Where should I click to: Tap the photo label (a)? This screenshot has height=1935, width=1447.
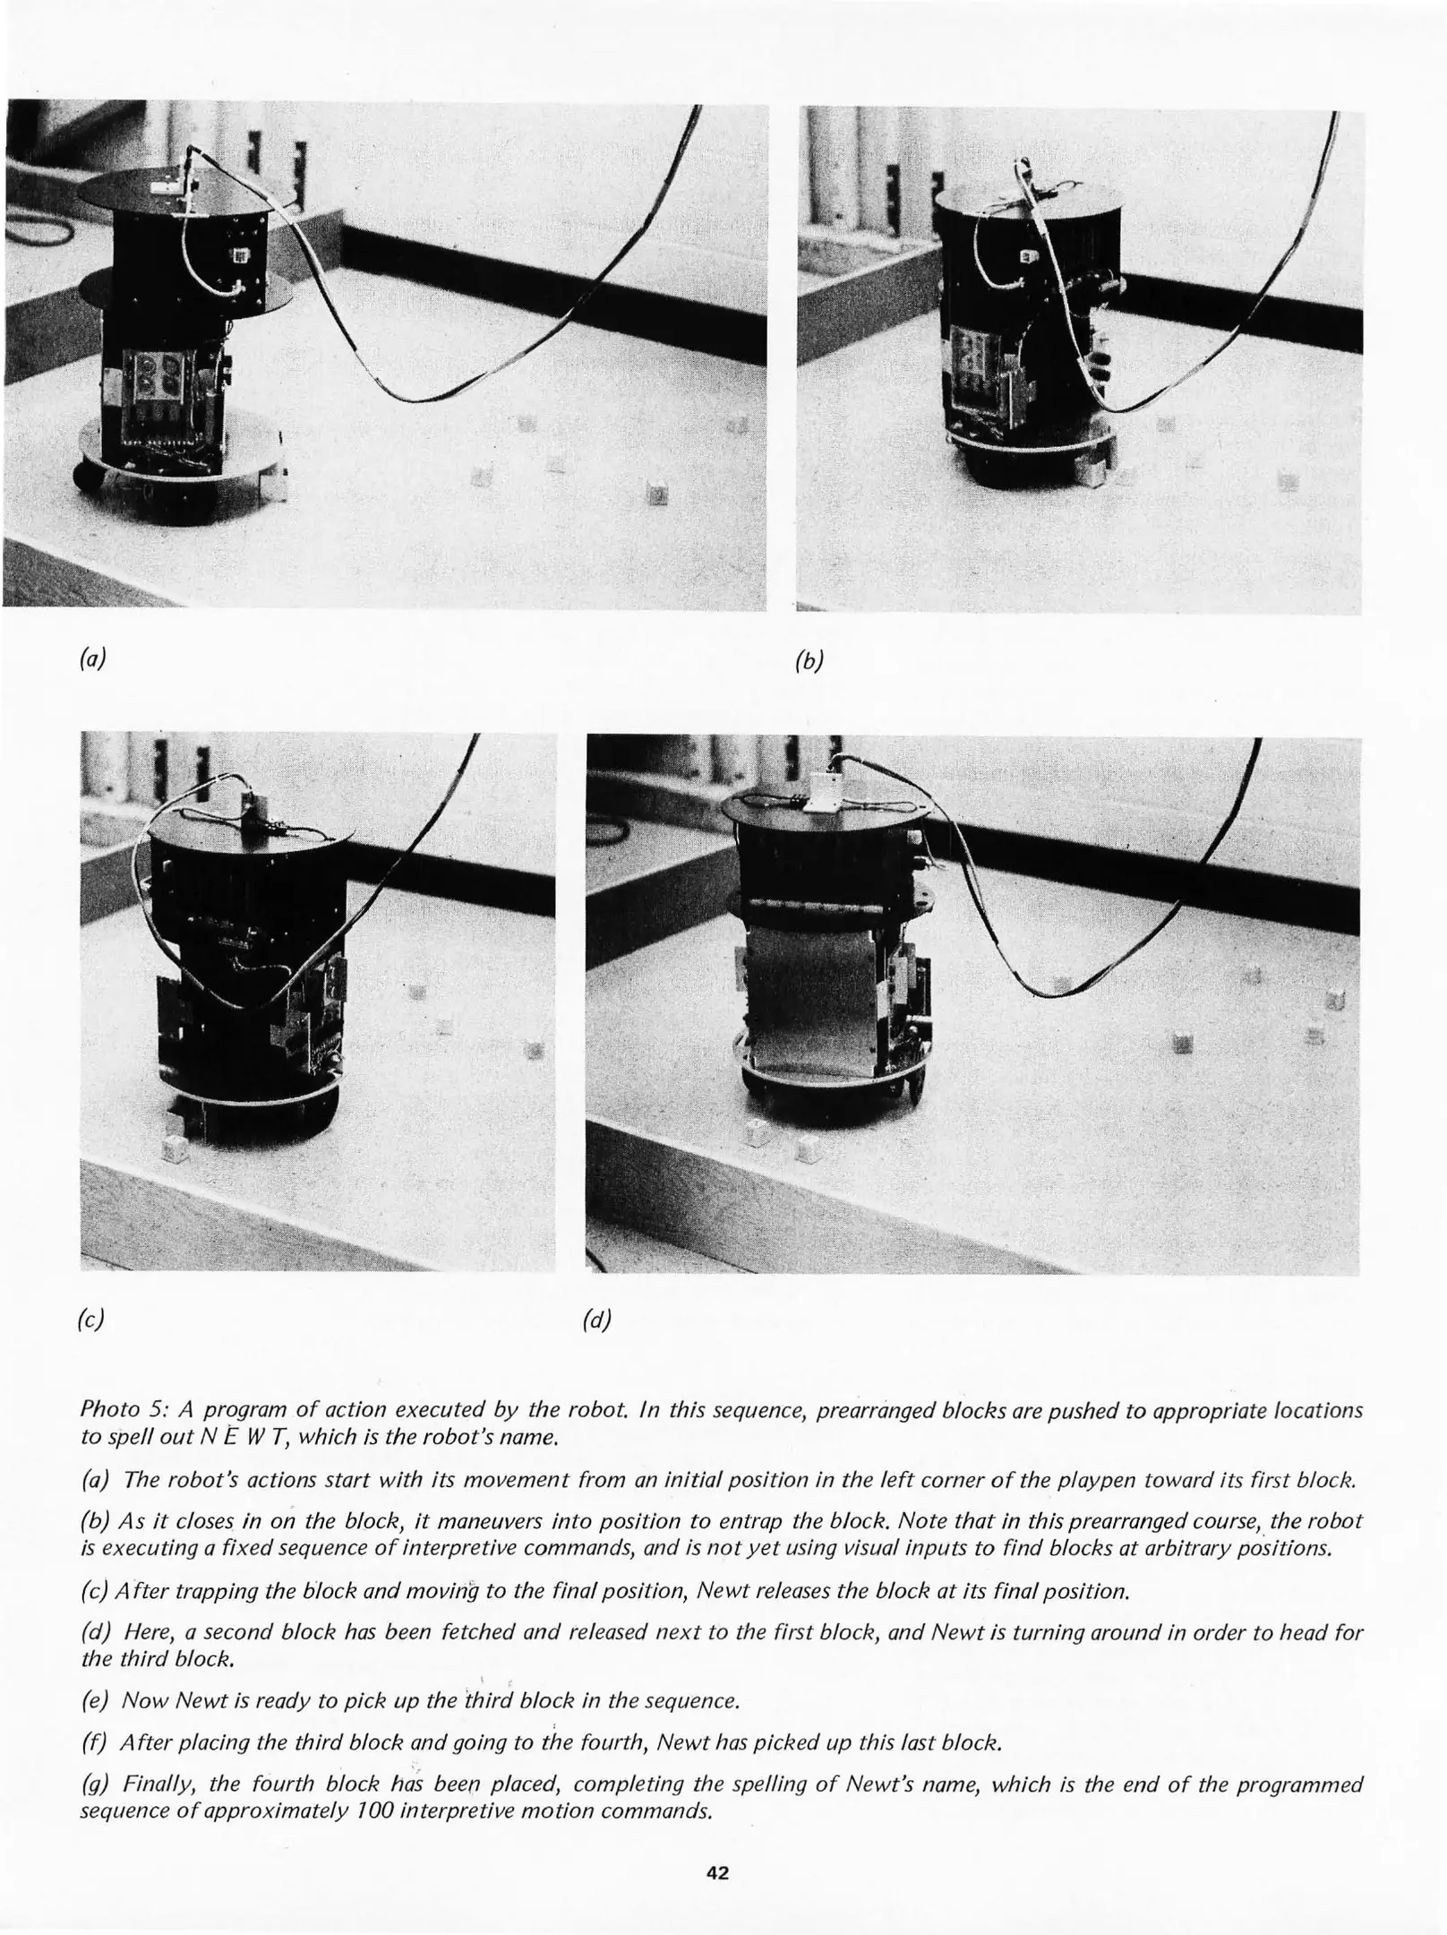[91, 659]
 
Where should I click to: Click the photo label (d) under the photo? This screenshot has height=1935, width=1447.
[597, 1320]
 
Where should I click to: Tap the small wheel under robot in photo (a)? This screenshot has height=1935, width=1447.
[86, 475]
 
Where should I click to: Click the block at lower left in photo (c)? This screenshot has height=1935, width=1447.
[176, 1148]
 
